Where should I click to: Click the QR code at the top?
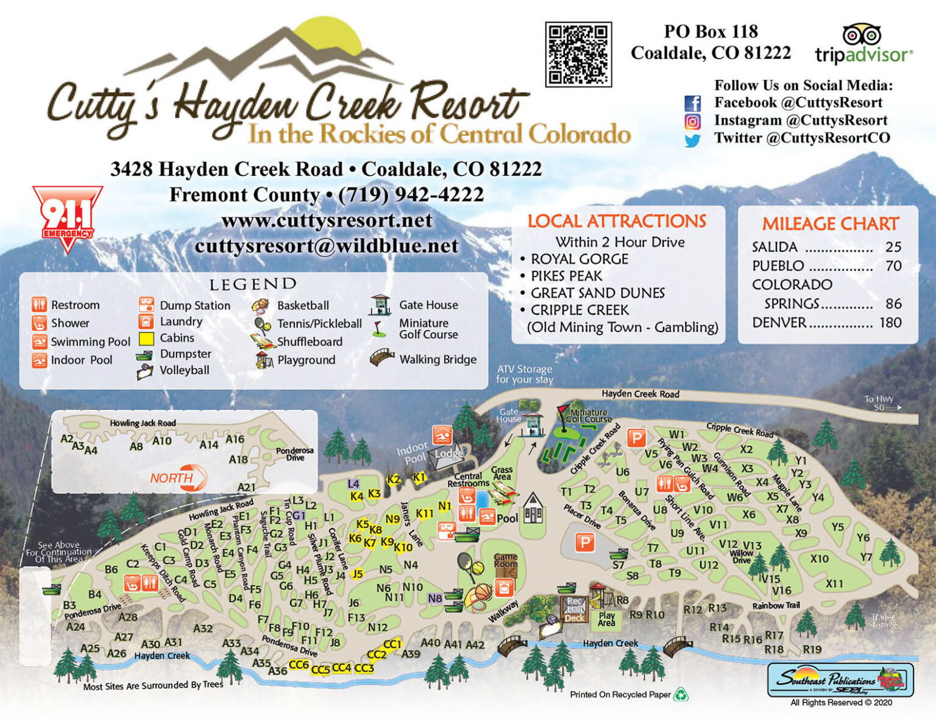point(578,54)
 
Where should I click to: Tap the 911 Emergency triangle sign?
point(67,217)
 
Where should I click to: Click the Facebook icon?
point(692,103)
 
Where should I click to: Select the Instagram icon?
point(692,121)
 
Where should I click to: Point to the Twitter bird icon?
point(692,140)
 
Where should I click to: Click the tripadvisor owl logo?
point(862,35)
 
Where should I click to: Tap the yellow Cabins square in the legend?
point(146,338)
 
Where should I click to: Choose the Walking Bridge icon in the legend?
point(382,358)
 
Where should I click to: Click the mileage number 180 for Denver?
point(890,322)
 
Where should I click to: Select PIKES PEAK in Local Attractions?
point(566,276)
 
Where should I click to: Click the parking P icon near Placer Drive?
point(585,542)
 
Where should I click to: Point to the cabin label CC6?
point(299,665)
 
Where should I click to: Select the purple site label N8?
point(434,598)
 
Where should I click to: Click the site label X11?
point(834,584)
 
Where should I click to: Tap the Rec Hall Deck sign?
point(574,609)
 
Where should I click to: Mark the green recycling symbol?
point(680,694)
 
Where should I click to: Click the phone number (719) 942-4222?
point(411,194)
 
